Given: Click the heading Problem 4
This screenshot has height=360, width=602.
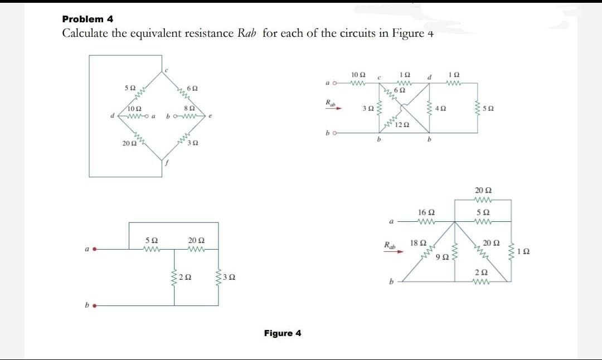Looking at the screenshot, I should click(88, 19).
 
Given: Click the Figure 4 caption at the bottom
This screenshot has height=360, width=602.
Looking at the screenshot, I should click(283, 333).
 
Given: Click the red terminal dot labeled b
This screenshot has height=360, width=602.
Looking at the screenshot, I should click(95, 305).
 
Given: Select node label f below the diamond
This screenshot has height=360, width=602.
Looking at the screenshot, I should click(166, 163).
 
